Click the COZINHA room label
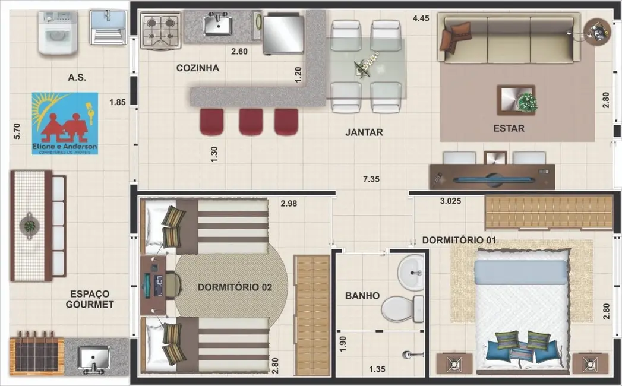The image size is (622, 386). tap(197, 68)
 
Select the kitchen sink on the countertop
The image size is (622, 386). tap(217, 25)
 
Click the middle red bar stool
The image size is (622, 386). tap(251, 121)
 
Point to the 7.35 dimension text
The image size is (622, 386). tap(373, 178)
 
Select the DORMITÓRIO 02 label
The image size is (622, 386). tap(235, 287)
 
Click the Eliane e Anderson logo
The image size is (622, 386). tap(65, 123)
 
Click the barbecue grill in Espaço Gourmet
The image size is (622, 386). tap(36, 356)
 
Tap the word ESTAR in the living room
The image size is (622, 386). tap(509, 128)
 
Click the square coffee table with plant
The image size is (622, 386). tap(516, 100)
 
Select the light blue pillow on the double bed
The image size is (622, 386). tap(521, 272)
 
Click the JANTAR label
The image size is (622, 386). tap(364, 132)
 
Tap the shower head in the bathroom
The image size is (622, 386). tap(409, 355)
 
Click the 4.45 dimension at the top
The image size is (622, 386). tap(421, 18)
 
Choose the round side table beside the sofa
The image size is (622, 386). tap(596, 30)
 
